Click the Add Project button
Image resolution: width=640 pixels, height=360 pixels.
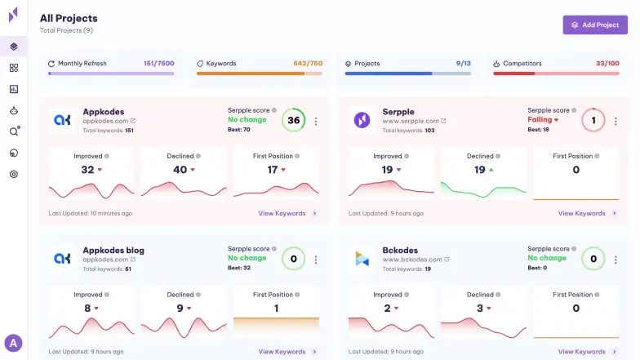pyautogui.click(x=595, y=24)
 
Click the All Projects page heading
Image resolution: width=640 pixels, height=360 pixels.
pyautogui.click(x=69, y=18)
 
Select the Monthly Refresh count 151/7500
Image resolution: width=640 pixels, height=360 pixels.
pyautogui.click(x=158, y=63)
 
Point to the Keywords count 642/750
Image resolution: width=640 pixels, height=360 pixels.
pyautogui.click(x=308, y=63)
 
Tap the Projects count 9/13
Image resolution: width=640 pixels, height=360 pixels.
pyautogui.click(x=463, y=63)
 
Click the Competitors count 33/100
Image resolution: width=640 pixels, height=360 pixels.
pyautogui.click(x=607, y=63)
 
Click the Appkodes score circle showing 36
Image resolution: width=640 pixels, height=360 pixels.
pyautogui.click(x=293, y=121)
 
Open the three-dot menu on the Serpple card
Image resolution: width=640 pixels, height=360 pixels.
pyautogui.click(x=616, y=121)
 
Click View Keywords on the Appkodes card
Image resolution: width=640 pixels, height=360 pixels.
pyautogui.click(x=282, y=214)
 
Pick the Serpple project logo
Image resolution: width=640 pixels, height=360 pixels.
pyautogui.click(x=362, y=120)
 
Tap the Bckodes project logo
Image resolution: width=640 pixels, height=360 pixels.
pyautogui.click(x=362, y=259)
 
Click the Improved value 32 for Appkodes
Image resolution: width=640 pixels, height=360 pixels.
pyautogui.click(x=88, y=170)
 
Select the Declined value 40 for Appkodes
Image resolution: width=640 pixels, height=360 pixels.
pyautogui.click(x=180, y=170)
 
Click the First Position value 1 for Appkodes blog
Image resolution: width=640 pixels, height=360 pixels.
pyautogui.click(x=276, y=308)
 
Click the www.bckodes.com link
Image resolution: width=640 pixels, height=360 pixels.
pyautogui.click(x=411, y=259)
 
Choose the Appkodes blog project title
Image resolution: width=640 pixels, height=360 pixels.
pyautogui.click(x=113, y=250)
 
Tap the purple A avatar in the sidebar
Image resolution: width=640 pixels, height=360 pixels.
pyautogui.click(x=13, y=343)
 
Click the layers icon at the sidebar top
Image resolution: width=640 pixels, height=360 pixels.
pyautogui.click(x=14, y=47)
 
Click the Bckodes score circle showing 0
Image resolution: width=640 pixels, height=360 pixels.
pyautogui.click(x=593, y=260)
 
